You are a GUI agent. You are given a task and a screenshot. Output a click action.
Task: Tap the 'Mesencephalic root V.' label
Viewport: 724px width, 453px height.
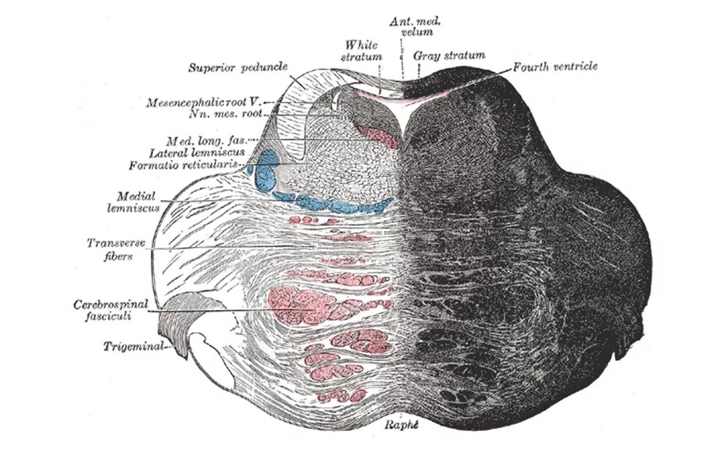click(x=205, y=102)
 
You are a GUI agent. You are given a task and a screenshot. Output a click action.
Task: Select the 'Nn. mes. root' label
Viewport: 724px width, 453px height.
click(x=226, y=114)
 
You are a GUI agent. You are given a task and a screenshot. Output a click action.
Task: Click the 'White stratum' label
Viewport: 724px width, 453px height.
click(x=362, y=51)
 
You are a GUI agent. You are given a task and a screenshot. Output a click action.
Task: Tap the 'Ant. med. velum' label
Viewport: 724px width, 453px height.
click(x=411, y=29)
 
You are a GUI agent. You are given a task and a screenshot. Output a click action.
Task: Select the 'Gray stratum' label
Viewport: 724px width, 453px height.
click(x=451, y=55)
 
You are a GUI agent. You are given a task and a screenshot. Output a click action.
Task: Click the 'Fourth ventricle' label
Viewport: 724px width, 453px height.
click(x=555, y=67)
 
